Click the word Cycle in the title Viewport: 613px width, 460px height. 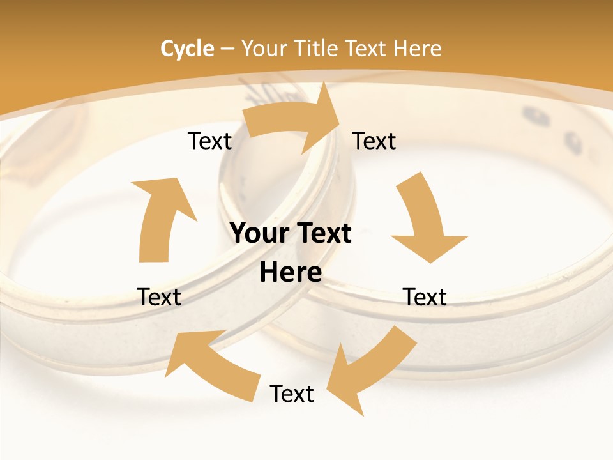187,49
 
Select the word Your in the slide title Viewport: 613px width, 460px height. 263,49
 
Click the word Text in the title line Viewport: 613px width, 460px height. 368,49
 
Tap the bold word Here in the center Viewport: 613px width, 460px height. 291,272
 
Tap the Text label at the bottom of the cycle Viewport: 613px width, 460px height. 292,394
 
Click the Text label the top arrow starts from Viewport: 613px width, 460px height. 209,141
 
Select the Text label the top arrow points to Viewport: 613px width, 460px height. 374,141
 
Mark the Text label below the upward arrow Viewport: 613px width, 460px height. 159,297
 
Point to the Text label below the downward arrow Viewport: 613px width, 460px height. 425,297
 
